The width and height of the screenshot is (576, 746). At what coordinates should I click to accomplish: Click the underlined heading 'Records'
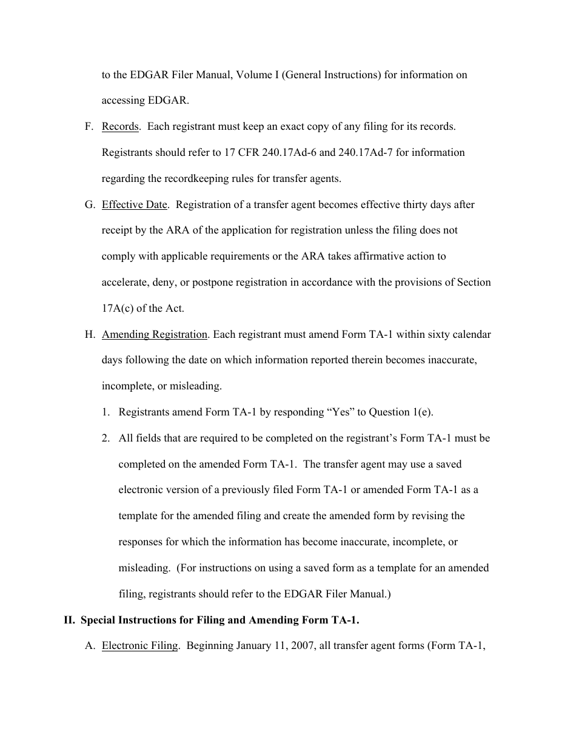pyautogui.click(x=120, y=127)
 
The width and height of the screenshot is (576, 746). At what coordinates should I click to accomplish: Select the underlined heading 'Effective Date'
pyautogui.click(x=134, y=204)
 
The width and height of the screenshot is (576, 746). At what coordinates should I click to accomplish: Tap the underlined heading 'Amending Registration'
pyautogui.click(x=155, y=334)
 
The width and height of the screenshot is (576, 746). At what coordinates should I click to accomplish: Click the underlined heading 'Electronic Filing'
pyautogui.click(x=139, y=645)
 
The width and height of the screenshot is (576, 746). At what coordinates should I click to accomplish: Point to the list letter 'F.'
pyautogui.click(x=89, y=127)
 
